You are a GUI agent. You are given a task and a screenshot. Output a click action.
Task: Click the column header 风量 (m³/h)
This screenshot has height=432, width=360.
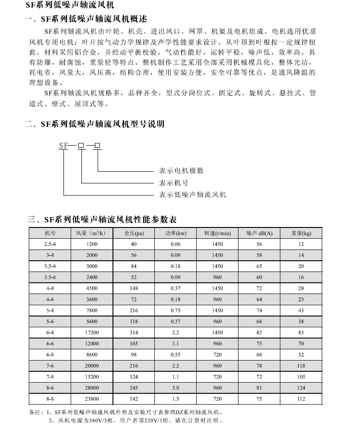pyautogui.click(x=91, y=233)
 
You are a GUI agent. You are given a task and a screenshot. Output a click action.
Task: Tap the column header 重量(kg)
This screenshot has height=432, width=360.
pyautogui.click(x=301, y=233)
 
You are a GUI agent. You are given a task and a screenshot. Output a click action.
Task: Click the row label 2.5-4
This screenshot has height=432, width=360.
pyautogui.click(x=49, y=244)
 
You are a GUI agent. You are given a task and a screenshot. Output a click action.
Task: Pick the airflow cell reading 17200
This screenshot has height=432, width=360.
pyautogui.click(x=91, y=332)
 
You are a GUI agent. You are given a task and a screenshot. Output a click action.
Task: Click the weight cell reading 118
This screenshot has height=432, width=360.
pyautogui.click(x=301, y=365)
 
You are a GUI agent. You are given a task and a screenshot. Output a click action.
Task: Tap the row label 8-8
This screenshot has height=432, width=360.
pyautogui.click(x=49, y=398)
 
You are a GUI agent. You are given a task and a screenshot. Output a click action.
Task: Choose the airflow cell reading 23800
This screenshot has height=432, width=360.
pyautogui.click(x=91, y=398)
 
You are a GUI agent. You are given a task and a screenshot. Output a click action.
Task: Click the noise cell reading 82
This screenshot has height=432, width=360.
pyautogui.click(x=259, y=332)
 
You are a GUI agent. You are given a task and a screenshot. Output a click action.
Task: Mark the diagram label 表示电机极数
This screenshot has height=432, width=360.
pyautogui.click(x=181, y=171)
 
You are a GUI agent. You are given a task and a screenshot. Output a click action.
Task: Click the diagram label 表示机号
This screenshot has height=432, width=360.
pyautogui.click(x=174, y=183)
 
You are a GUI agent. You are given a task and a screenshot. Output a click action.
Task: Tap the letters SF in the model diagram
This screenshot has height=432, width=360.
pyautogui.click(x=63, y=145)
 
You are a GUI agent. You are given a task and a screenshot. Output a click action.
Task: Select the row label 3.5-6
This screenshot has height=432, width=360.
pyautogui.click(x=49, y=277)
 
